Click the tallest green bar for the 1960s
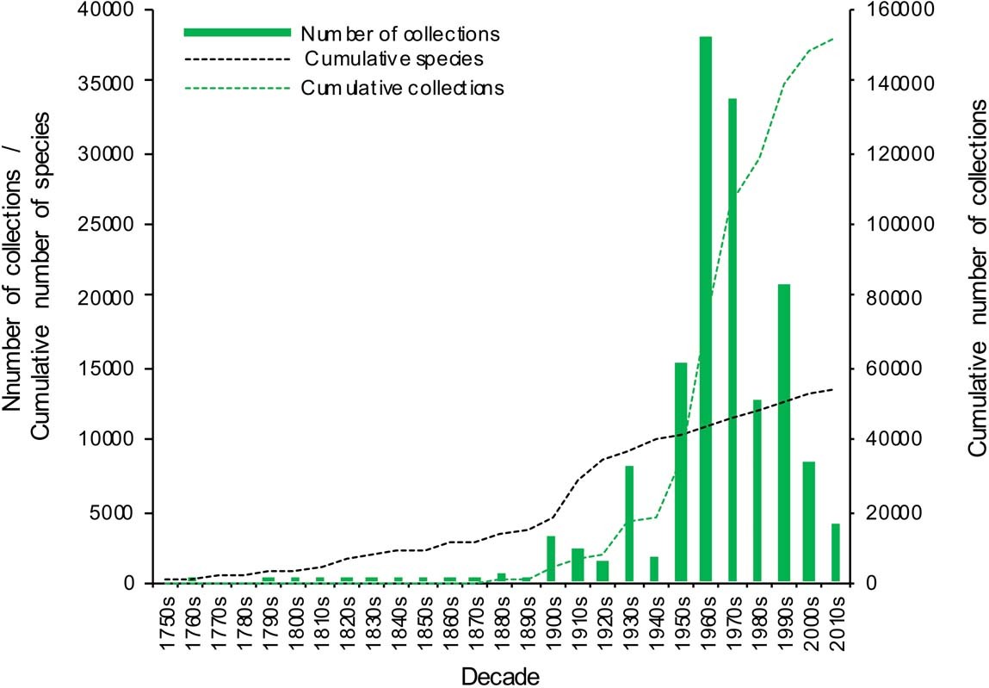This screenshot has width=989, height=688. pyautogui.click(x=706, y=310)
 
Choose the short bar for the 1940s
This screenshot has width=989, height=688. pyautogui.click(x=654, y=569)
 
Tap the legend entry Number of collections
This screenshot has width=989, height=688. pyautogui.click(x=400, y=34)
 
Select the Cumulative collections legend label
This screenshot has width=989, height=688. pyautogui.click(x=402, y=88)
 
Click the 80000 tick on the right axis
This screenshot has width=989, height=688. pyautogui.click(x=887, y=296)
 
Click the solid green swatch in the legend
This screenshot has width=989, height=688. pyautogui.click(x=236, y=32)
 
